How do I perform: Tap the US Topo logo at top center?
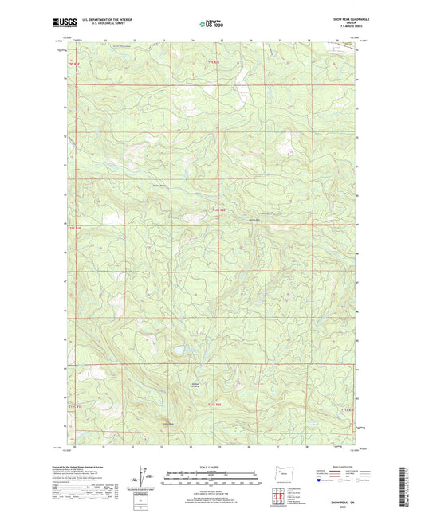211,24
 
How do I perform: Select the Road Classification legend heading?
329,466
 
